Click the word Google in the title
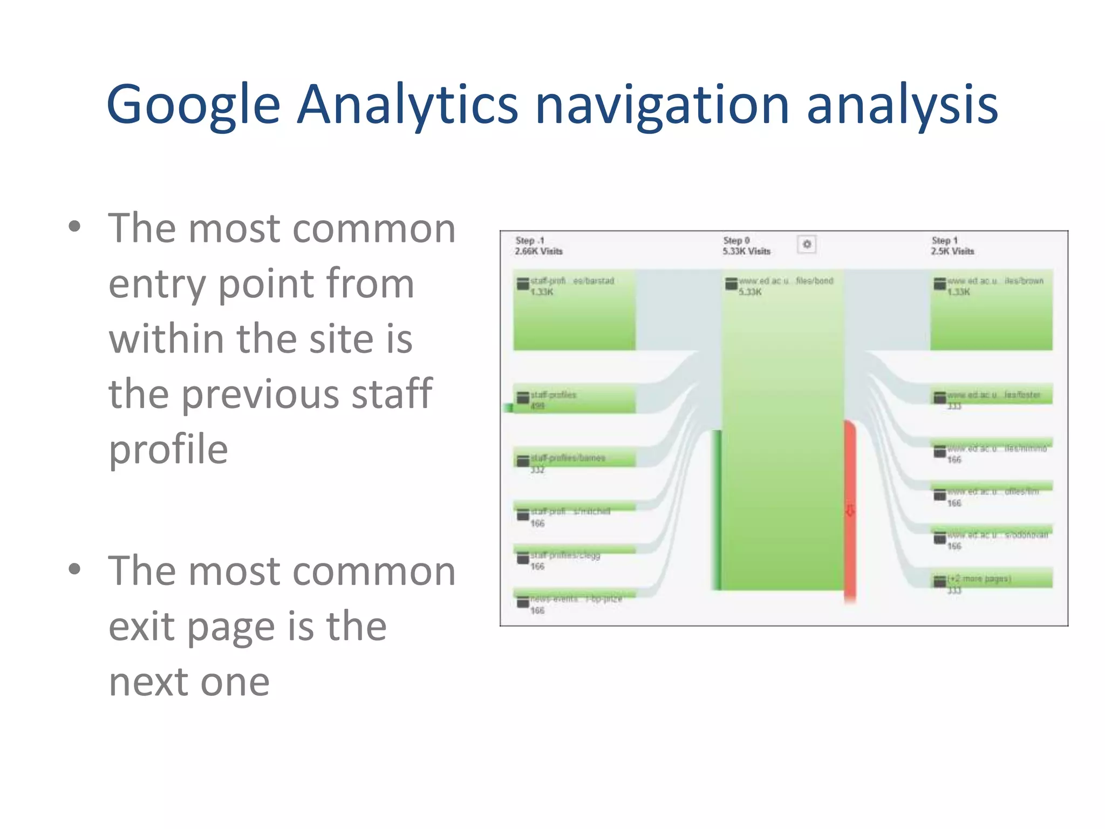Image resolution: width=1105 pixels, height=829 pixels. click(x=193, y=105)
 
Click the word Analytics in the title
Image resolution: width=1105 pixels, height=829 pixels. click(x=407, y=105)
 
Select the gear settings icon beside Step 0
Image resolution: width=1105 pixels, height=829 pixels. click(x=807, y=244)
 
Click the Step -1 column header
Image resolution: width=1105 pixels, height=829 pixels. click(x=530, y=241)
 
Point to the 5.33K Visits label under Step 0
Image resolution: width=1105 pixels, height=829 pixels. click(x=747, y=252)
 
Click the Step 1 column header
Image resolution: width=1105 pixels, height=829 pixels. click(x=944, y=241)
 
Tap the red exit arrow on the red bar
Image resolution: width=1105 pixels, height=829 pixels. click(x=850, y=511)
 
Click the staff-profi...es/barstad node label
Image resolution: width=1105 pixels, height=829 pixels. click(x=572, y=281)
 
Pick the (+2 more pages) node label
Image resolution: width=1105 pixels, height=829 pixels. click(x=979, y=579)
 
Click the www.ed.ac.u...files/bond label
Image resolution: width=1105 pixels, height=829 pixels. click(x=786, y=281)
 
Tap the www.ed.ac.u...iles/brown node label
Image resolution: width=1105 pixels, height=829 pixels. click(x=995, y=281)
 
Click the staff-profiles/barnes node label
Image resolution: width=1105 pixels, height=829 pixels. click(x=568, y=458)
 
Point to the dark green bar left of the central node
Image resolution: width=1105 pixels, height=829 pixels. click(x=717, y=510)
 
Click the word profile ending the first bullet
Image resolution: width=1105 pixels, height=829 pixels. click(x=168, y=450)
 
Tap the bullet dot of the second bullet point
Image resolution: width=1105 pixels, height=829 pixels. click(x=74, y=569)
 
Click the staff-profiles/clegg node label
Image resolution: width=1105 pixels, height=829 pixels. click(x=565, y=555)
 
